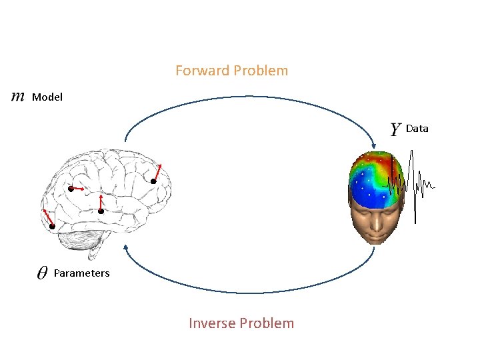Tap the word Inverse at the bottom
211,323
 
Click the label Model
47,97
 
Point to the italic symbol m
18,97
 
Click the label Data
417,129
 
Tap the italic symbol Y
395,129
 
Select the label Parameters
81,273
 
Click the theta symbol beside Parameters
41,273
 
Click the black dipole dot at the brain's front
153,181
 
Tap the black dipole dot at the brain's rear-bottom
52,227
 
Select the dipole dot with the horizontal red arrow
71,189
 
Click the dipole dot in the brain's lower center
101,211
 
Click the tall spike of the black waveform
413,187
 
